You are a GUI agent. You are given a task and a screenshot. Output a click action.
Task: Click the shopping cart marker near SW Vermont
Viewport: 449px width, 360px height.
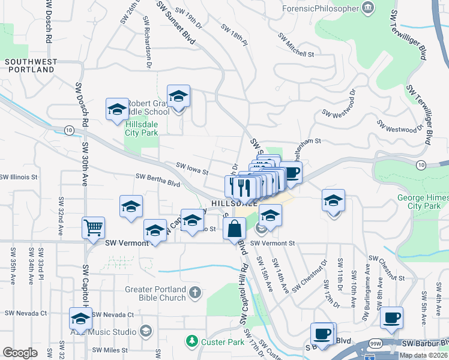[93, 228]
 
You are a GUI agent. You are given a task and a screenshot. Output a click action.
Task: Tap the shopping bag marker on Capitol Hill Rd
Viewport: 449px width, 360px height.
[234, 229]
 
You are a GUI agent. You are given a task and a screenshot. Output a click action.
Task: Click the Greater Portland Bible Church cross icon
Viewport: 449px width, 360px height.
[194, 293]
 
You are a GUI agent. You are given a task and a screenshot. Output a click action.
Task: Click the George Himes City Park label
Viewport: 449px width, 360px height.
[423, 202]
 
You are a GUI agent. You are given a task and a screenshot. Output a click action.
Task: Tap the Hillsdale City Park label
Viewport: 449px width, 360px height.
[142, 128]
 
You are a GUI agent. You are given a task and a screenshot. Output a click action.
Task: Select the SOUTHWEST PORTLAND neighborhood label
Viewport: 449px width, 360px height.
[30, 65]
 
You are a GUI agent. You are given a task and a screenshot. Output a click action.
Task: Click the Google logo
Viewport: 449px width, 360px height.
[20, 353]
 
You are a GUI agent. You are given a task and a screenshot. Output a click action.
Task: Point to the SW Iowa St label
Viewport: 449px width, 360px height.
[191, 168]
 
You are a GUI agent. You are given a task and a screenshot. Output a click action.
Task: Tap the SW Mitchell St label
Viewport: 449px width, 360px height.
[296, 44]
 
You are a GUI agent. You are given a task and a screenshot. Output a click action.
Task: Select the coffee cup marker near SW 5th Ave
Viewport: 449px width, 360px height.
[391, 317]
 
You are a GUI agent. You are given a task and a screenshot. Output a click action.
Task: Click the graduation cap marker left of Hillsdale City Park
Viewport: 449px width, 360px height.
[117, 109]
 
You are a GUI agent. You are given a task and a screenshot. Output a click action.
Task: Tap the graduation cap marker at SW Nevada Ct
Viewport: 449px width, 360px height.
[80, 319]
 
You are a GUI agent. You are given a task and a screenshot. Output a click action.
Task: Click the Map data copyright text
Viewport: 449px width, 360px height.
[423, 355]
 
